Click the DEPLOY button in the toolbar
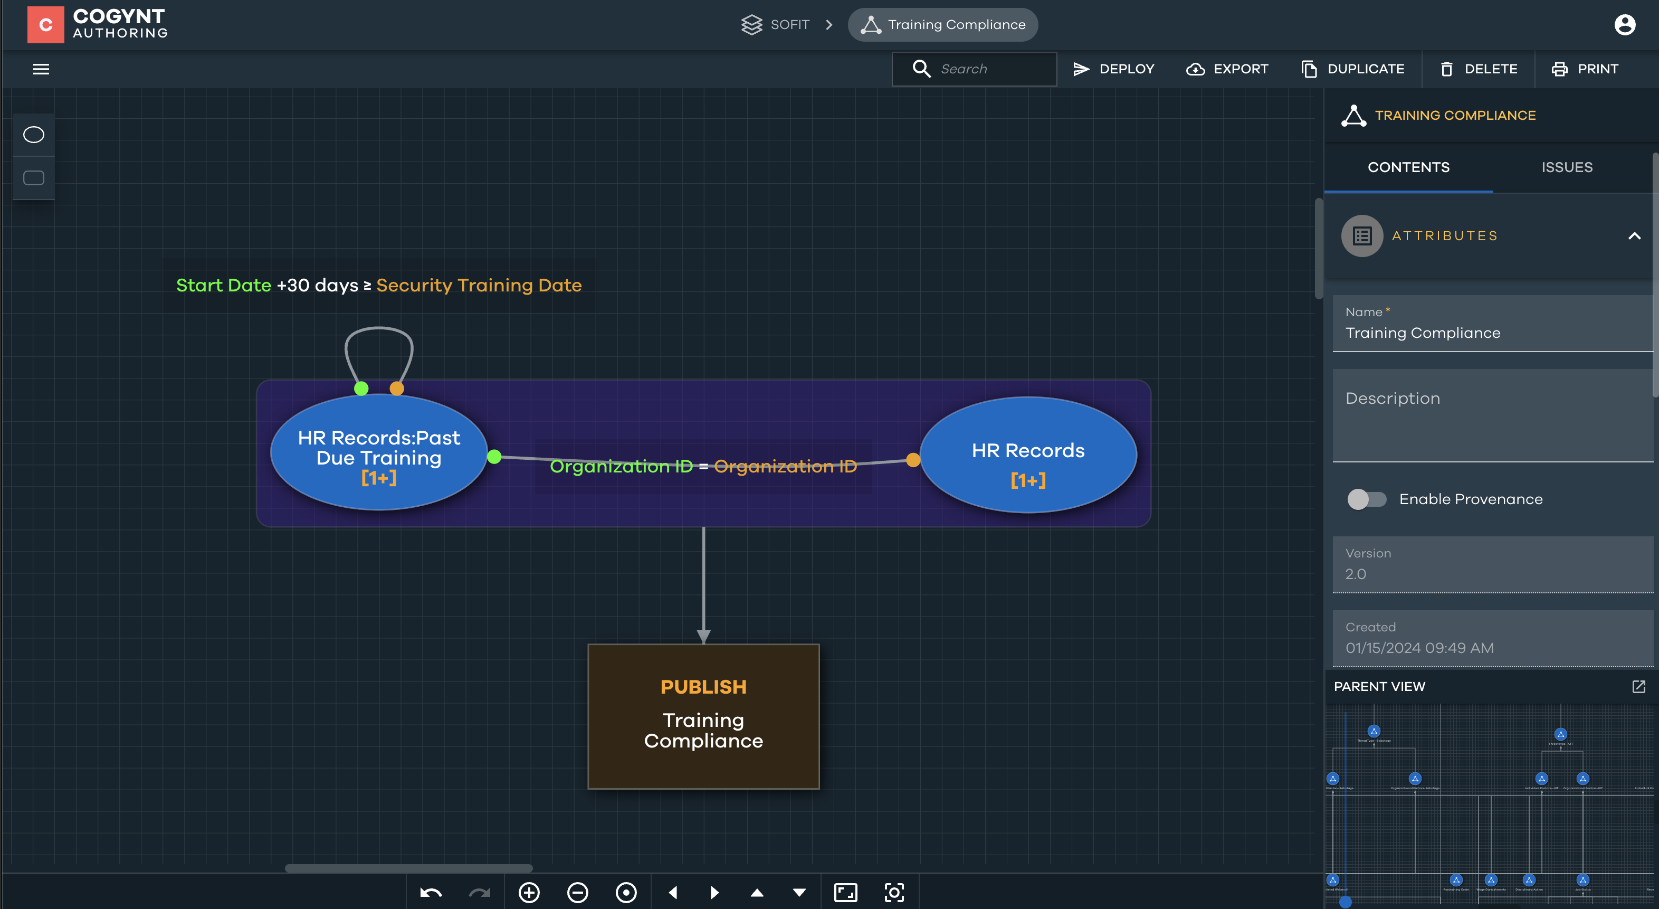click(x=1113, y=69)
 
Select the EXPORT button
click(x=1227, y=69)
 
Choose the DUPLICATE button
click(x=1352, y=69)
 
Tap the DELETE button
click(x=1478, y=69)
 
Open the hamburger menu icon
click(x=41, y=69)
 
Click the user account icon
click(x=1624, y=24)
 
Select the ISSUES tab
click(x=1566, y=167)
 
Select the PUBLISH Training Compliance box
click(x=703, y=716)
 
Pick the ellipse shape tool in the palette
click(x=33, y=135)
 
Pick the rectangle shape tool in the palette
click(x=33, y=178)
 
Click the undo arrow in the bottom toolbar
click(x=431, y=892)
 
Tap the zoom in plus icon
click(x=529, y=892)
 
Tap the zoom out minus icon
click(x=577, y=892)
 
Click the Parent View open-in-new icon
click(x=1638, y=687)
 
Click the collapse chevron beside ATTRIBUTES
click(x=1634, y=236)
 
